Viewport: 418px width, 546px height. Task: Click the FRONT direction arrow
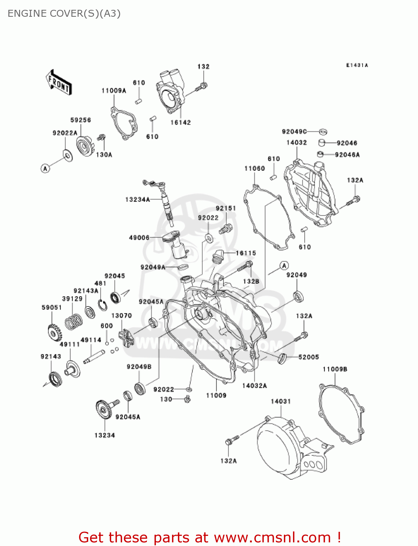click(x=58, y=83)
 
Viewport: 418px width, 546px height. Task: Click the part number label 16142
click(x=180, y=123)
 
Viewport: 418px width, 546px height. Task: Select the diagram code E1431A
click(x=357, y=65)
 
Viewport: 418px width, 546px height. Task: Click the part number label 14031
click(x=281, y=401)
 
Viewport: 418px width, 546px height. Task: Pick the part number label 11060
click(x=254, y=168)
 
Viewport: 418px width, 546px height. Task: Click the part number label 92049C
click(x=294, y=131)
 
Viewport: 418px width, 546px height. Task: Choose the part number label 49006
click(x=139, y=238)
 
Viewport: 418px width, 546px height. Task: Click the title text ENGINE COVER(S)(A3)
click(x=64, y=13)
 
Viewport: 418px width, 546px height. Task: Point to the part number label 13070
click(x=121, y=316)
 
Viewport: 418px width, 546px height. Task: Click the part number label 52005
click(x=308, y=357)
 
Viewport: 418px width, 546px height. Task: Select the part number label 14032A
click(x=254, y=385)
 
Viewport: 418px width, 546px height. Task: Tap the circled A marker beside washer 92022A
click(x=45, y=168)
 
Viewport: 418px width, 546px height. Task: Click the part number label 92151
click(x=226, y=208)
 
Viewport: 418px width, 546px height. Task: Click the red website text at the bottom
click(x=210, y=537)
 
